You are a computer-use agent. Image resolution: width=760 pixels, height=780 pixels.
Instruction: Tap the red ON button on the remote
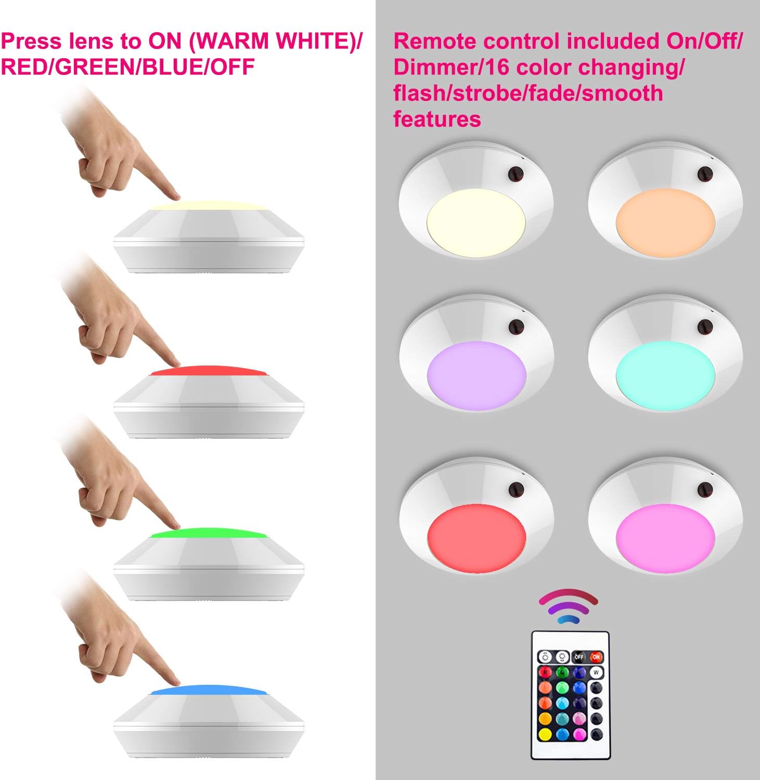click(596, 657)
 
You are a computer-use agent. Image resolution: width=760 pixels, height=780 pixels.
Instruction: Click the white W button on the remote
click(596, 673)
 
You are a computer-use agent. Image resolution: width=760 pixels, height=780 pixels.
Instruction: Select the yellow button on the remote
click(545, 735)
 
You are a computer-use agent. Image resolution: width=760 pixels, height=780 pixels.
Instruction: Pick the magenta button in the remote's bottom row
click(579, 735)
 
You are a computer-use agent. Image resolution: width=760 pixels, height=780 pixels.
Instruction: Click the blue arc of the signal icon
click(569, 619)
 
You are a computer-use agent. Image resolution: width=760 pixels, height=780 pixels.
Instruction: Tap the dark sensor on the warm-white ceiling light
click(516, 174)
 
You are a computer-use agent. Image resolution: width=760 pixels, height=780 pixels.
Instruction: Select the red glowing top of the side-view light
click(208, 371)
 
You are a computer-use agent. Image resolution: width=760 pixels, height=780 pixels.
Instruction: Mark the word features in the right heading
click(437, 119)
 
